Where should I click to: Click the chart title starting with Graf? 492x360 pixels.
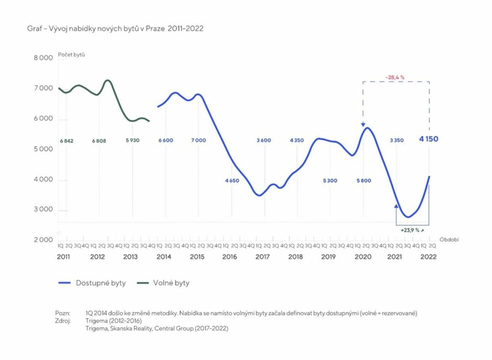click(115, 28)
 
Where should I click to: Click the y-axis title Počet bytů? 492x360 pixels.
click(72, 54)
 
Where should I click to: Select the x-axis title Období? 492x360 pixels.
click(450, 239)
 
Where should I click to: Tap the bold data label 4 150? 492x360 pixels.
click(428, 139)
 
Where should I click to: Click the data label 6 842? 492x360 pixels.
click(66, 140)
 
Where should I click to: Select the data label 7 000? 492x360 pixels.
click(198, 140)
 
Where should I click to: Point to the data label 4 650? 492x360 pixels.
click(232, 181)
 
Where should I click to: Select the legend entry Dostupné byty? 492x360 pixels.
click(100, 283)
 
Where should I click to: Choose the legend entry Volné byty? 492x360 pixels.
click(171, 283)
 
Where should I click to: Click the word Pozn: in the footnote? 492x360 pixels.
click(62, 313)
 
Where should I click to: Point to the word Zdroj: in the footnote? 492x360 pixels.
click(63, 321)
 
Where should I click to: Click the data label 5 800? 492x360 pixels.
click(364, 181)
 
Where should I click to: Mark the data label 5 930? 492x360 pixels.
click(132, 140)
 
